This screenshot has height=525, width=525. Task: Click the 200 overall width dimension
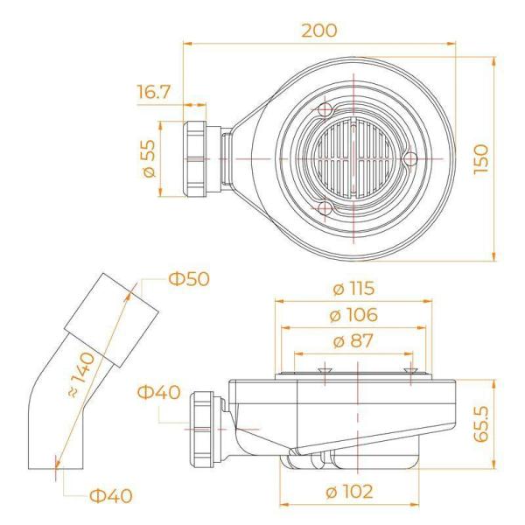tap(318, 30)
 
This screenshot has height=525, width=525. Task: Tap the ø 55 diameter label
tap(149, 157)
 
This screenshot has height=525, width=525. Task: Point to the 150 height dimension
tap(479, 158)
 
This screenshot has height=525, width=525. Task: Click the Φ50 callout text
tap(191, 280)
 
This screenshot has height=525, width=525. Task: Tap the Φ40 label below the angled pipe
tap(110, 496)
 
